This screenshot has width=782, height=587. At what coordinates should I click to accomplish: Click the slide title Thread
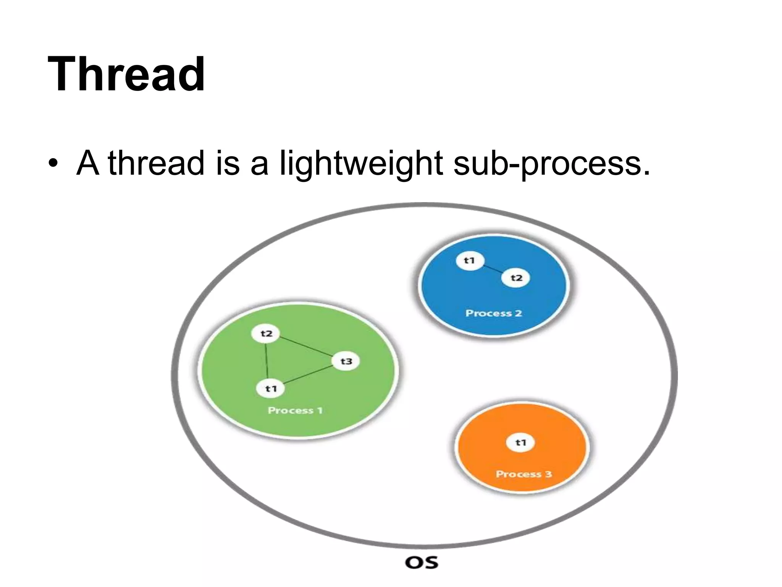tap(126, 74)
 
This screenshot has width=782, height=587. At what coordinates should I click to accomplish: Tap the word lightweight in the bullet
tap(361, 164)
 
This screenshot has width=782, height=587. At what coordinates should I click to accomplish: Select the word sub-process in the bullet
tap(551, 164)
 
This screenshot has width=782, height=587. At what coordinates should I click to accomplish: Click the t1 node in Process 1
tap(271, 389)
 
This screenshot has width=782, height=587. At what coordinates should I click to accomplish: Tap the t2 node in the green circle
tap(266, 334)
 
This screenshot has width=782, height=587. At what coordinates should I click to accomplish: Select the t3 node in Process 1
tap(346, 361)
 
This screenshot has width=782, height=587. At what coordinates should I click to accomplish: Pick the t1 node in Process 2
tap(470, 261)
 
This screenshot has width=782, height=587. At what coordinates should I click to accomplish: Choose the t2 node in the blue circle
tap(516, 278)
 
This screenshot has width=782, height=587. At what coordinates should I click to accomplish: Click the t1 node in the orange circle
tap(520, 443)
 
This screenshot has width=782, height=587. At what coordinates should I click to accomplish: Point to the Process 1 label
tap(295, 410)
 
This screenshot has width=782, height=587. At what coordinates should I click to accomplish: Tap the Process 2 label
tap(493, 313)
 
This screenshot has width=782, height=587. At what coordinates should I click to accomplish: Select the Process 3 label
tap(523, 474)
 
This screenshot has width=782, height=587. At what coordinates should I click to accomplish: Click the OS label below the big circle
tap(422, 563)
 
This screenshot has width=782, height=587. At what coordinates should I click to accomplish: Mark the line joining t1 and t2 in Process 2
tap(493, 269)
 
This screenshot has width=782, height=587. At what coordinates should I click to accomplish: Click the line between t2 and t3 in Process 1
tap(305, 347)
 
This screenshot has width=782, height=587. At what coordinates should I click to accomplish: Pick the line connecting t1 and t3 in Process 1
tap(308, 375)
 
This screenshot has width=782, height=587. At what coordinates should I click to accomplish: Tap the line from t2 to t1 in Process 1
tap(266, 361)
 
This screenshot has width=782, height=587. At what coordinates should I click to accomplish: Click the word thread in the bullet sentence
tap(156, 164)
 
